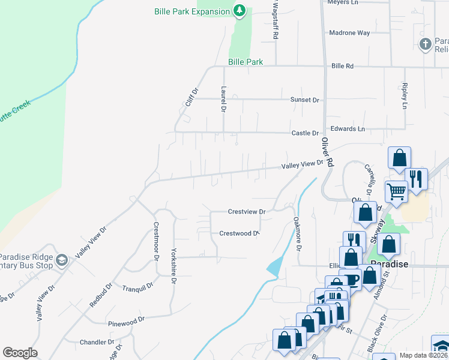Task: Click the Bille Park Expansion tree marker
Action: (240, 11)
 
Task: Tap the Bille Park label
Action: (246, 62)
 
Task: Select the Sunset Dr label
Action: (305, 100)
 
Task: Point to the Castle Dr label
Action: (305, 133)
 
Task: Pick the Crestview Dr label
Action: (247, 212)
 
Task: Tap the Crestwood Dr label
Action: (238, 233)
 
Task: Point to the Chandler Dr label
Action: (97, 342)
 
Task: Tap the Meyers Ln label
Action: (342, 2)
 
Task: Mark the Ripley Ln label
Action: (405, 95)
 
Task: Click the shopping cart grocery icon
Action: (396, 191)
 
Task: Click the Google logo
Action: (20, 353)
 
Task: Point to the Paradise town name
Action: (389, 264)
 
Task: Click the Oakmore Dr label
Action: (297, 235)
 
